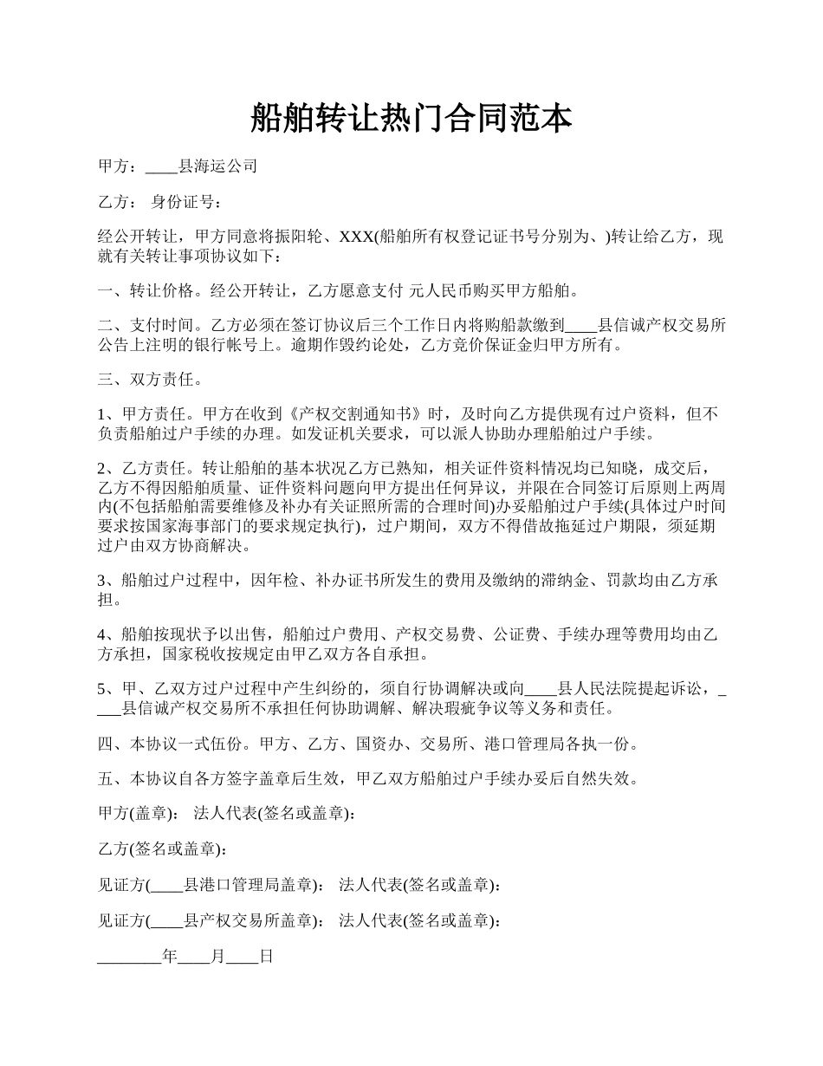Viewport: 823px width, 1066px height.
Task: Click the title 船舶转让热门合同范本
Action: tap(411, 117)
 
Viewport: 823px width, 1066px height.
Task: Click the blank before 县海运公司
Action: tap(162, 166)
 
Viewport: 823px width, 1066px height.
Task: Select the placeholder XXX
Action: tap(354, 237)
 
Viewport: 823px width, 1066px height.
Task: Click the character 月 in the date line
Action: tap(217, 957)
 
